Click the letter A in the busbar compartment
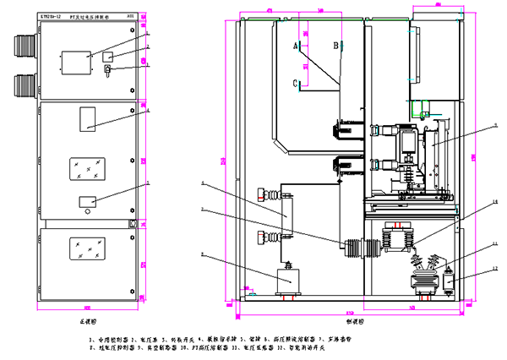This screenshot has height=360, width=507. tap(297, 45)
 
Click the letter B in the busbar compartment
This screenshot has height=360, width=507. tap(335, 45)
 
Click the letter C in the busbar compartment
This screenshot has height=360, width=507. tap(297, 83)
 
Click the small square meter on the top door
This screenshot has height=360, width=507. tap(109, 56)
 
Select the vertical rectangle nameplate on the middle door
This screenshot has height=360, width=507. tap(88, 119)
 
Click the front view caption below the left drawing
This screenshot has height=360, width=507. tap(79, 322)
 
